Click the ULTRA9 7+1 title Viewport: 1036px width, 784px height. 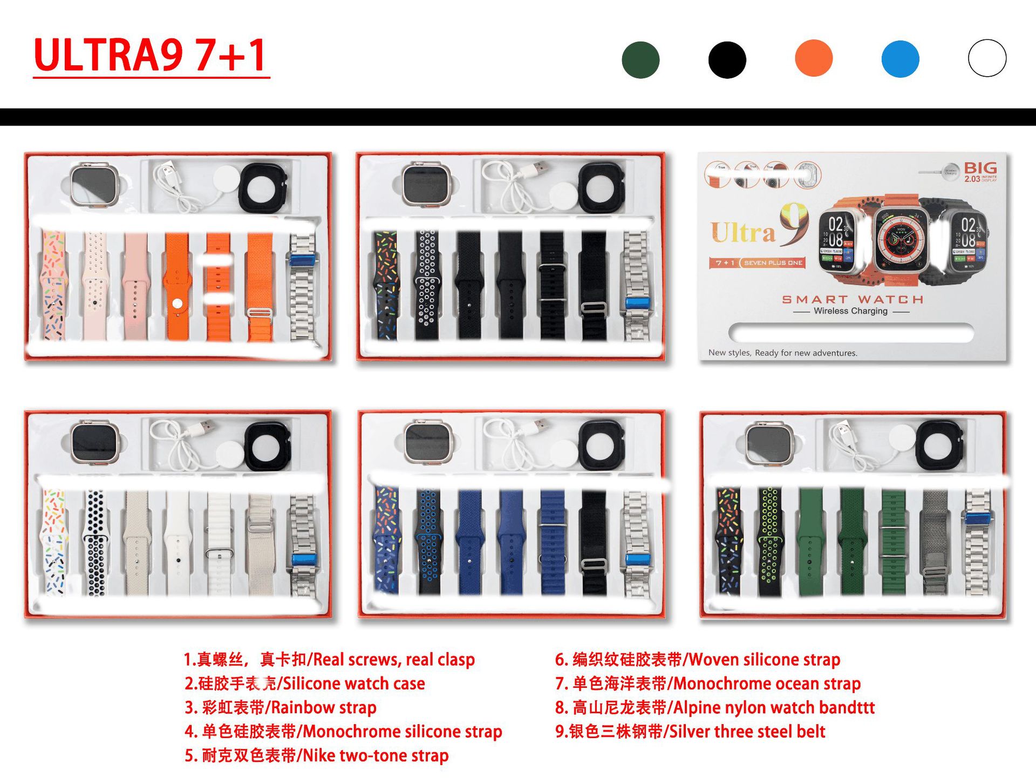pyautogui.click(x=151, y=55)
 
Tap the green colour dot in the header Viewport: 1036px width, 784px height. pyautogui.click(x=640, y=59)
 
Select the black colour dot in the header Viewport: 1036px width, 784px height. pyautogui.click(x=727, y=59)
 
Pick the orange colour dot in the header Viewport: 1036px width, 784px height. pyautogui.click(x=814, y=58)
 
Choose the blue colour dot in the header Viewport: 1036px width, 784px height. pyautogui.click(x=900, y=59)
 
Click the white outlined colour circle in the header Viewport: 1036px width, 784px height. pyautogui.click(x=987, y=58)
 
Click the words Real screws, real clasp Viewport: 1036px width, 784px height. pyautogui.click(x=394, y=659)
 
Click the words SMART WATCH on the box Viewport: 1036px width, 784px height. pyautogui.click(x=853, y=299)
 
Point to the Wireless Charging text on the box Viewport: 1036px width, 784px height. pyautogui.click(x=850, y=311)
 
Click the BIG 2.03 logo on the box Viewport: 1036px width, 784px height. pyautogui.click(x=980, y=172)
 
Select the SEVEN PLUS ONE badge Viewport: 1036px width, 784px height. pyautogui.click(x=773, y=263)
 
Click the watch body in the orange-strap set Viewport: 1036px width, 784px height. pyautogui.click(x=94, y=184)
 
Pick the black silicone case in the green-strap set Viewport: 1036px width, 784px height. pyautogui.click(x=940, y=445)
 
